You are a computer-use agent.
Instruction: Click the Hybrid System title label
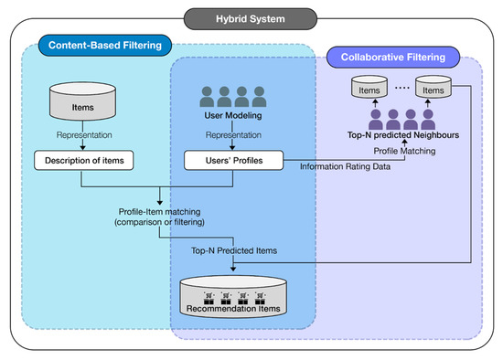251,17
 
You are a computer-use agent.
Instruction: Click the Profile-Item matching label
162,215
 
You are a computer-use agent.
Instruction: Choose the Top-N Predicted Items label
232,249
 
